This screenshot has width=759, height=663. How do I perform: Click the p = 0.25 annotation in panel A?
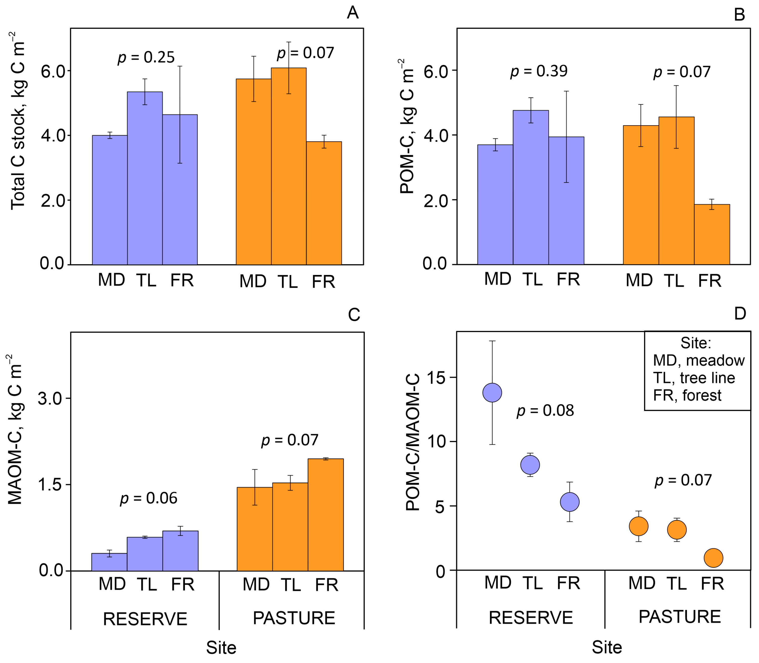pos(146,57)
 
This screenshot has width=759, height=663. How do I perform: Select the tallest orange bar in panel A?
pos(289,166)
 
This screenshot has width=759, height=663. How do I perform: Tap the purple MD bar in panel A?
pos(110,200)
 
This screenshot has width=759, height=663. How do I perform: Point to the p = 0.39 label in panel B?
pos(539,71)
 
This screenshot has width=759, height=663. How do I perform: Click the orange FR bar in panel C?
pos(325,515)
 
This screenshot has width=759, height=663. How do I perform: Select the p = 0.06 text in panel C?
pos(149,498)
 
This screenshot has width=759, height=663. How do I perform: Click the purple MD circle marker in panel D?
pos(492,393)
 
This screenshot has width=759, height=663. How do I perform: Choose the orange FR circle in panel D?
pos(713,557)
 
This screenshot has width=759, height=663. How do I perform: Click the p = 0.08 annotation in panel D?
pos(545,411)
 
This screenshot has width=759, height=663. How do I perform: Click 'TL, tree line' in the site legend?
pos(694,378)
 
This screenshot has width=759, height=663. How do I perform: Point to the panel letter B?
pos(739,15)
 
